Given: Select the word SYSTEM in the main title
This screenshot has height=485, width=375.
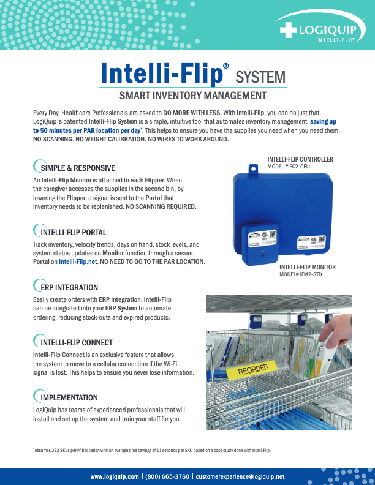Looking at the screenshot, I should click(x=261, y=77).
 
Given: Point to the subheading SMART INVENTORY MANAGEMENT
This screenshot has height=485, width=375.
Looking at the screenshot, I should click(x=192, y=96).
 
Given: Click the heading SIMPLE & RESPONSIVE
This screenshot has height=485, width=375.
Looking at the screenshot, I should click(x=77, y=168).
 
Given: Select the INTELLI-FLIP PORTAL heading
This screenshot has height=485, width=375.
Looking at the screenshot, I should click(x=73, y=233).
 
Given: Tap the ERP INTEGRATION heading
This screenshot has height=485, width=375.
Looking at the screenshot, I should click(x=69, y=287).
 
